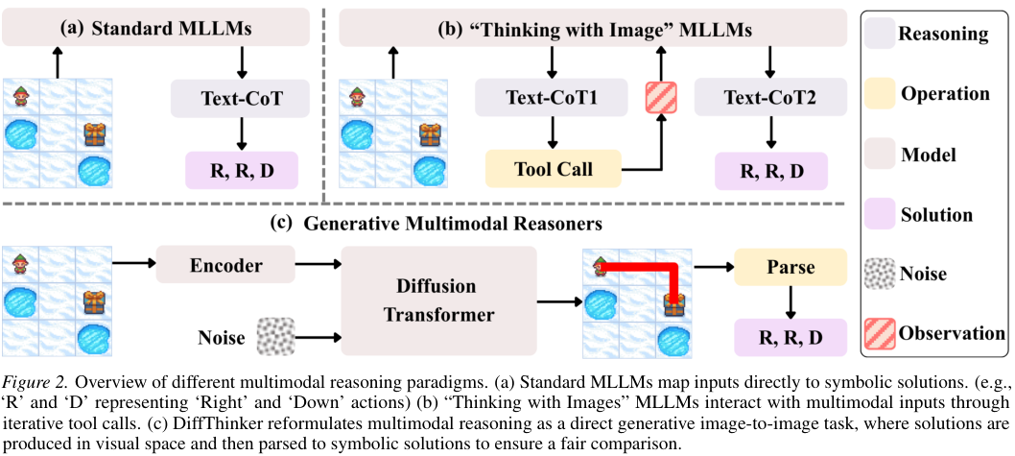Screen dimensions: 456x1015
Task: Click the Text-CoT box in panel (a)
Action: pos(242,98)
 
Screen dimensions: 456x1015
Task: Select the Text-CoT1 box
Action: pos(552,98)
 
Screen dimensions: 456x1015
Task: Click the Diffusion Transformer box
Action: pos(437,301)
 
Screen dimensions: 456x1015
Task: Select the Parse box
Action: pos(791,266)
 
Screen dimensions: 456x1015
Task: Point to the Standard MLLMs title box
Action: pos(156,28)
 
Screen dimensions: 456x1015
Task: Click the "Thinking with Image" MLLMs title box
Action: pos(593,29)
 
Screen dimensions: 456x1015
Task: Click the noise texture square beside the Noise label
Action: pos(275,336)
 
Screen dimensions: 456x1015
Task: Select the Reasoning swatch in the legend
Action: pos(879,36)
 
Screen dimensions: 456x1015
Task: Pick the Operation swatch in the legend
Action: pos(879,95)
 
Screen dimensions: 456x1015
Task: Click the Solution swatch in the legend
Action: pos(879,215)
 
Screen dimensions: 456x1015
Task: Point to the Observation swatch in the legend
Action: pos(879,334)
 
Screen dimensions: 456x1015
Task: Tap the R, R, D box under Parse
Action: pos(791,338)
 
